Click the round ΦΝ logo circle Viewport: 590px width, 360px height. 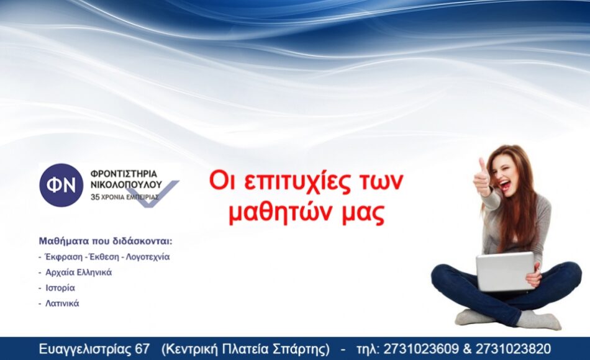61,185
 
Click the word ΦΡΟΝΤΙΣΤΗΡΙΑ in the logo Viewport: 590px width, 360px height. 124,174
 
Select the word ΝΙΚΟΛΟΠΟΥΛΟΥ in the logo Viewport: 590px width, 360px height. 127,185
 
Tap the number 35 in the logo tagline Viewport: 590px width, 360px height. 95,197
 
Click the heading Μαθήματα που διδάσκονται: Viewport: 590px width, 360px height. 106,241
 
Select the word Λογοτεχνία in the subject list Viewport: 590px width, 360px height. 148,257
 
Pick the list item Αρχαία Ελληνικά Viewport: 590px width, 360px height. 79,272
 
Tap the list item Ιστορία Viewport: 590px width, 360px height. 60,288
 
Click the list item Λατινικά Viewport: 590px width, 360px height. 62,303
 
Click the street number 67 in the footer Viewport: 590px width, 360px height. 142,349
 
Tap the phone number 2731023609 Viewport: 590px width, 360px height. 421,349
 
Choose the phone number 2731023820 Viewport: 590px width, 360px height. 513,349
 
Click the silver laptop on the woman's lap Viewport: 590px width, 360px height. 505,272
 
